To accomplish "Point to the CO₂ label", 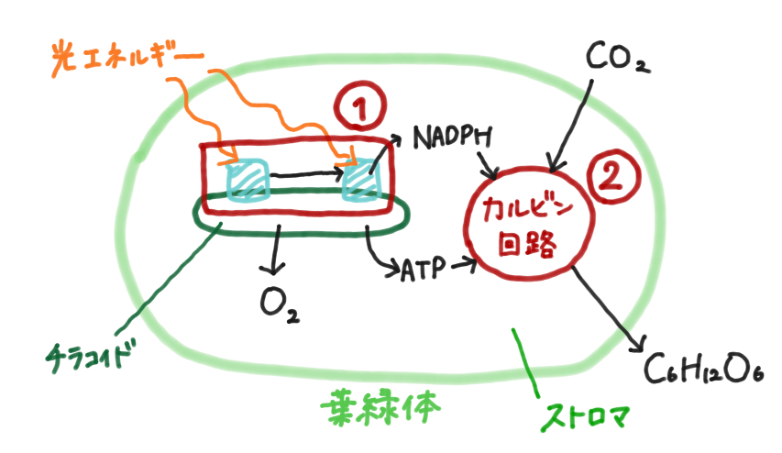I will (x=615, y=60).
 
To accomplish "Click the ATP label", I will (x=423, y=269).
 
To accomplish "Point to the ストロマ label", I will (x=587, y=415).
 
